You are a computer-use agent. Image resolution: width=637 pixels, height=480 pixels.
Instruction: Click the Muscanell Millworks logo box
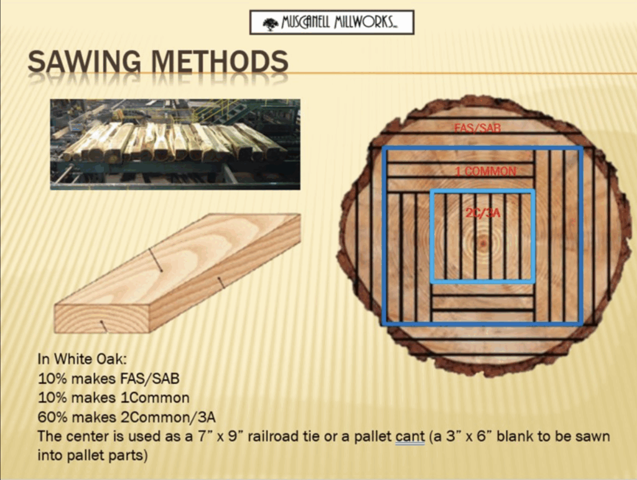(x=332, y=22)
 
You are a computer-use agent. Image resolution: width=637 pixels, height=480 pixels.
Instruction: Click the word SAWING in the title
(x=85, y=62)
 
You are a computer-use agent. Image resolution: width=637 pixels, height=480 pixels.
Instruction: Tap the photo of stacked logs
(x=175, y=144)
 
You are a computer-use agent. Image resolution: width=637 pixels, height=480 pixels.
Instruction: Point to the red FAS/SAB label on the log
(x=477, y=128)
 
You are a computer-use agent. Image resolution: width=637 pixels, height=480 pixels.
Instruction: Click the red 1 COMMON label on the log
(x=485, y=171)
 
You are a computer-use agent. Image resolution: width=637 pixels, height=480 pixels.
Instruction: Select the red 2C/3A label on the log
(x=483, y=212)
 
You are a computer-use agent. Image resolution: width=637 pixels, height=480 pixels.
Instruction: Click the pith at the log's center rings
(x=483, y=243)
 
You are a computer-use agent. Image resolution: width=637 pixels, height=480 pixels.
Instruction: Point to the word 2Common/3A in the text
(x=168, y=417)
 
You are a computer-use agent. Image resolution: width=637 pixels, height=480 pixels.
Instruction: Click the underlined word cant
(x=411, y=437)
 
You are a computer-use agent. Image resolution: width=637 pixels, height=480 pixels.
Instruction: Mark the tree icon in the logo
(x=270, y=24)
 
